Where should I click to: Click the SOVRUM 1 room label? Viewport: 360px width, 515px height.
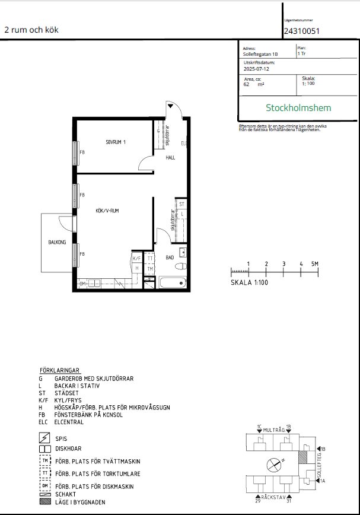(116, 142)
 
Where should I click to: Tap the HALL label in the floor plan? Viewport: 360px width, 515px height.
(170, 158)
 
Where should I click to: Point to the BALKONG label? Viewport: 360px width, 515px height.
(56, 242)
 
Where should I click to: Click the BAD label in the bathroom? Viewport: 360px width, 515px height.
(170, 257)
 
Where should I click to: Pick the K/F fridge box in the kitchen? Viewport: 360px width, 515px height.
(136, 259)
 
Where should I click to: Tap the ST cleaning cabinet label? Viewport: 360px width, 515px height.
(182, 204)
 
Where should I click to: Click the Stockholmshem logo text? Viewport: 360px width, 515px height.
(298, 108)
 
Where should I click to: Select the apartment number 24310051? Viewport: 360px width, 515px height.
(302, 31)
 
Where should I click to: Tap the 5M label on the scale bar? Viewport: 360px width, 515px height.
(314, 263)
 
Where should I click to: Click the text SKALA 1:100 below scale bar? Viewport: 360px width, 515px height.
(250, 283)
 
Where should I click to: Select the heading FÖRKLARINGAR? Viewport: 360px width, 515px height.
(59, 369)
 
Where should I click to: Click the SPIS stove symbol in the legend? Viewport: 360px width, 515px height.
(44, 438)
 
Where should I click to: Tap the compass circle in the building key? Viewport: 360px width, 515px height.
(273, 464)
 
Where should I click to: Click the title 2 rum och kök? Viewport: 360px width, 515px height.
(31, 30)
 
